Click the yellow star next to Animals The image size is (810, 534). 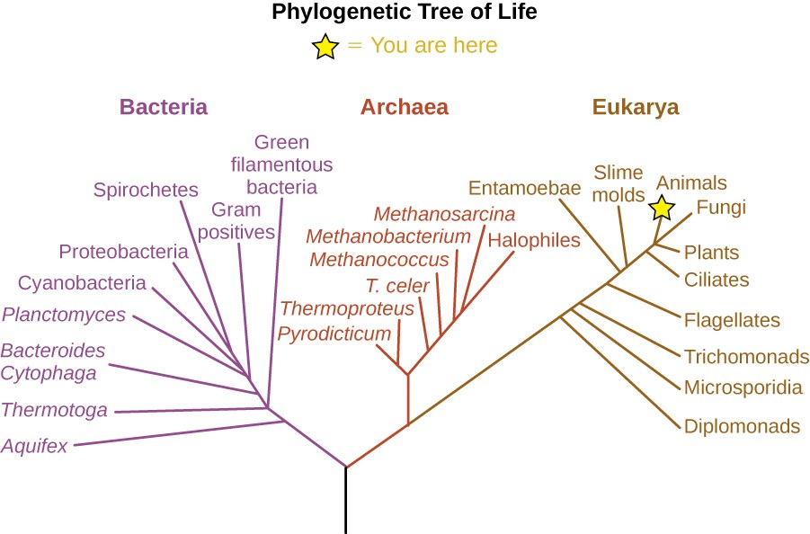point(663,209)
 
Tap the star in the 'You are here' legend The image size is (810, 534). point(325,47)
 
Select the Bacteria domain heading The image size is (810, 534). point(164,107)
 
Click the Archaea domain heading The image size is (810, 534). point(404,107)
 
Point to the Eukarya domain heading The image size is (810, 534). point(635,107)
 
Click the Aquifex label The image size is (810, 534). point(35,445)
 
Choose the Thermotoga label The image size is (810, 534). point(54,410)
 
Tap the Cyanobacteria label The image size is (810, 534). point(82,283)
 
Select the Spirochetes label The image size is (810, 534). point(146,190)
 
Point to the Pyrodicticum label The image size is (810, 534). point(334,334)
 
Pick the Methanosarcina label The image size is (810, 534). point(444,214)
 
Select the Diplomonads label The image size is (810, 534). point(742,426)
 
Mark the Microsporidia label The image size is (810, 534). point(743,387)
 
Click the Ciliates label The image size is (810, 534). point(717,279)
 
